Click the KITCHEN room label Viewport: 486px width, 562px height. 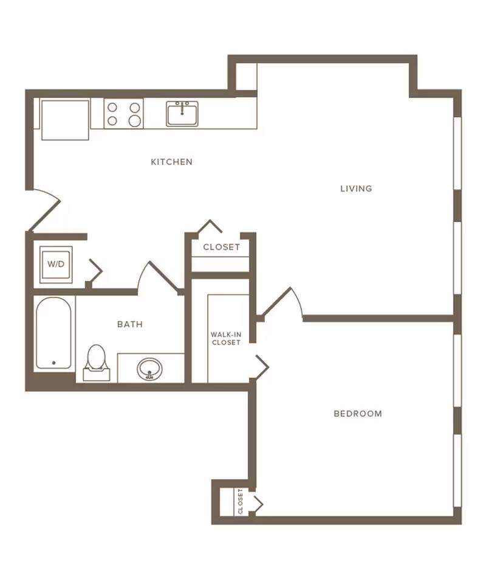pyautogui.click(x=171, y=162)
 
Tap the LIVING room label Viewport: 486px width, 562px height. pyautogui.click(x=356, y=189)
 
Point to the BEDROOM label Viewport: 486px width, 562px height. pyautogui.click(x=358, y=414)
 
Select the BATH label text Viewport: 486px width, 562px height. pyautogui.click(x=130, y=324)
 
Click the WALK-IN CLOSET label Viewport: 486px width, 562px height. pyautogui.click(x=226, y=338)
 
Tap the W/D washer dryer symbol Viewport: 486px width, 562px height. pyautogui.click(x=56, y=265)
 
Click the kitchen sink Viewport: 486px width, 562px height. pyautogui.click(x=182, y=114)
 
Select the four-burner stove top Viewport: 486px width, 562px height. pyautogui.click(x=123, y=114)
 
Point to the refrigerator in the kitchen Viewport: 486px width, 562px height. pyautogui.click(x=65, y=120)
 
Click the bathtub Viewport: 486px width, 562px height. pyautogui.click(x=53, y=333)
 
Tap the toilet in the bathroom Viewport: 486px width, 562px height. pyautogui.click(x=97, y=363)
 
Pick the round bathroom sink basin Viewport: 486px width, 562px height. pyautogui.click(x=149, y=369)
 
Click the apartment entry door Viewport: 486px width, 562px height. pyautogui.click(x=44, y=210)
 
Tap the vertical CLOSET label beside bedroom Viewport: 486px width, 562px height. pyautogui.click(x=240, y=501)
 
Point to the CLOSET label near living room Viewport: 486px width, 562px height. pyautogui.click(x=222, y=247)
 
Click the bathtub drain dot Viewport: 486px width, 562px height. pyautogui.click(x=53, y=363)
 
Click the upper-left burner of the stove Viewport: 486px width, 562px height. pyautogui.click(x=112, y=107)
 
